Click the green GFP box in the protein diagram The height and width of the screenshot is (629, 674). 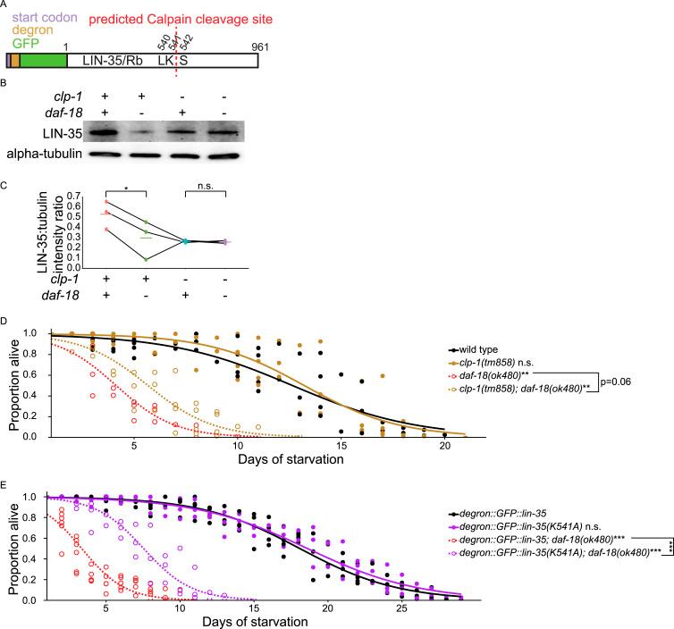43,61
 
